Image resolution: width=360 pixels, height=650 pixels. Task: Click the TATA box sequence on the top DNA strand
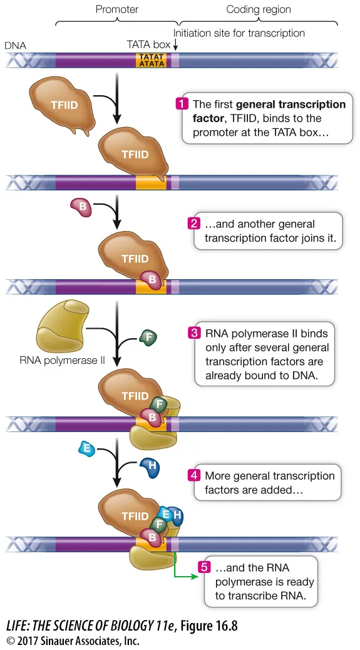click(x=152, y=59)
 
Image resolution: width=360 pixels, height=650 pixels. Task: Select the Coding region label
click(x=258, y=9)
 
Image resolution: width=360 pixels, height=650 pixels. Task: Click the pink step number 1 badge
click(x=182, y=104)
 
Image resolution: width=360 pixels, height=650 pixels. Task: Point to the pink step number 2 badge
click(x=195, y=224)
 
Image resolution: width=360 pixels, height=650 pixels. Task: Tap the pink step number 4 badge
click(x=194, y=476)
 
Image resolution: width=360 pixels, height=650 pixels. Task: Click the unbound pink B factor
click(x=81, y=206)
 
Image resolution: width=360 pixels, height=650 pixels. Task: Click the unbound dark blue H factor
click(x=150, y=466)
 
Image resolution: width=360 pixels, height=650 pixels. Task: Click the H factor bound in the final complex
click(x=177, y=515)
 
